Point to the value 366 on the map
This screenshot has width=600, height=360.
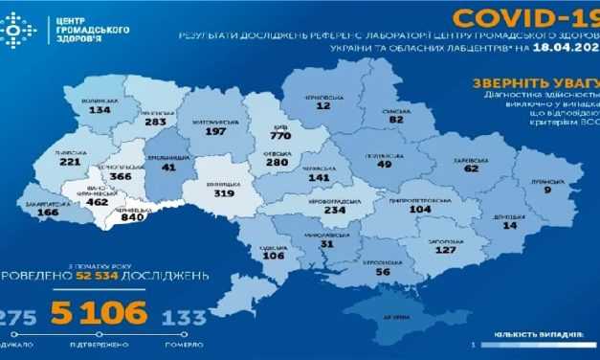(x=122, y=177)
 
